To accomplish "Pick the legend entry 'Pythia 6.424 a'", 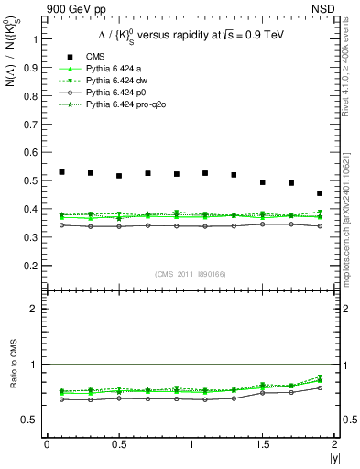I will pyautogui.click(x=113, y=68).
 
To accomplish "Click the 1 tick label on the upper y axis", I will pyautogui.click(x=36, y=40).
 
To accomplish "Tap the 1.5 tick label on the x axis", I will pyautogui.click(x=262, y=444).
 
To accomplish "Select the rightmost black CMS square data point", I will pyautogui.click(x=320, y=193).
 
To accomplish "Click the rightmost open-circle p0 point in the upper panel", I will pyautogui.click(x=320, y=225).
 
